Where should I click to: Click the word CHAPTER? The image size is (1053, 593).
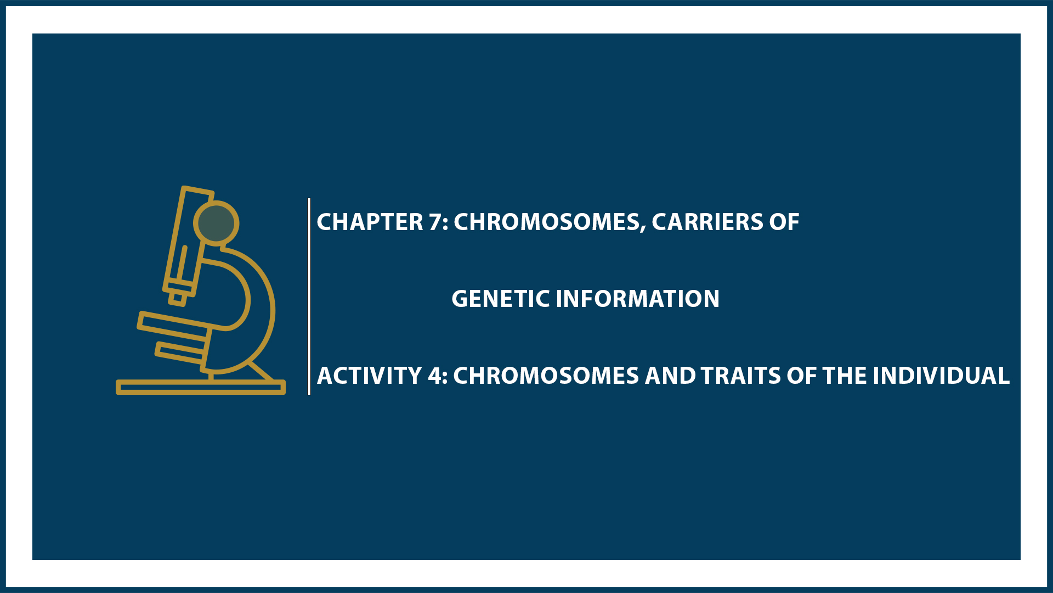370,222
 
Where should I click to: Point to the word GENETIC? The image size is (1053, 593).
500,299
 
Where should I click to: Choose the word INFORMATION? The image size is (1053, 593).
637,299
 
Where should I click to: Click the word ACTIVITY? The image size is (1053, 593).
369,376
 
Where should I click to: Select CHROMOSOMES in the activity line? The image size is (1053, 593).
546,376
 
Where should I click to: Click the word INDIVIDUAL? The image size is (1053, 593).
941,376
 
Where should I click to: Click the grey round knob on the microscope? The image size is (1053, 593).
216,223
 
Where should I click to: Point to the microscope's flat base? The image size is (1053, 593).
201,387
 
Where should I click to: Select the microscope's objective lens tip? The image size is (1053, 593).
177,299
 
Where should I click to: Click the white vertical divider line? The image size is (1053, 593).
309,296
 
